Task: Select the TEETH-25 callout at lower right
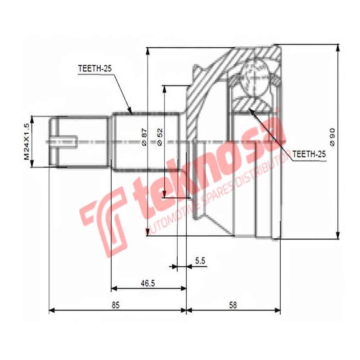[308, 154]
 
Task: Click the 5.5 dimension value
[200, 260]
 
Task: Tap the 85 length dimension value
[116, 305]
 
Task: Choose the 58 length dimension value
[233, 305]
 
